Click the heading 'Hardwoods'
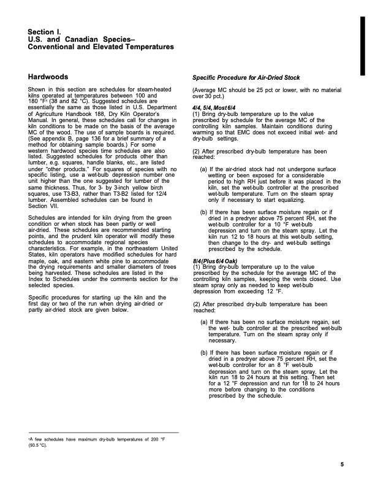pyautogui.click(x=53, y=77)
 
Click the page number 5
pyautogui.click(x=341, y=464)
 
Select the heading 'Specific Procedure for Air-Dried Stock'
pyautogui.click(x=246, y=78)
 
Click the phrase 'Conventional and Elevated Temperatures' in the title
pyautogui.click(x=100, y=47)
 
